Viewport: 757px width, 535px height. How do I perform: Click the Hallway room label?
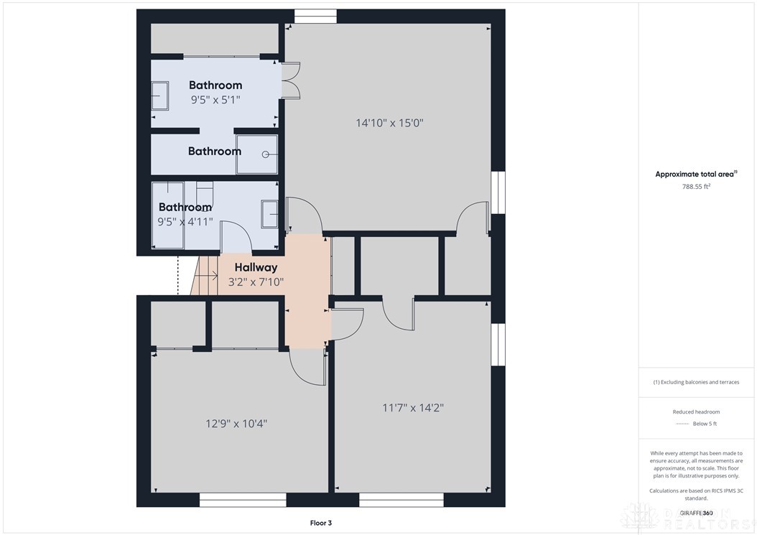pyautogui.click(x=256, y=267)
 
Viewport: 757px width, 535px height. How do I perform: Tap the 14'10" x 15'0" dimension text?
pyautogui.click(x=389, y=123)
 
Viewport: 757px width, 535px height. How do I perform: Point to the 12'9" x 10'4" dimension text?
pyautogui.click(x=236, y=424)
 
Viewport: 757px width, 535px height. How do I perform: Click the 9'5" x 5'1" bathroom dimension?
pyautogui.click(x=215, y=101)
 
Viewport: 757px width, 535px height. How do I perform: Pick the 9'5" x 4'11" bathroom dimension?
pyautogui.click(x=185, y=222)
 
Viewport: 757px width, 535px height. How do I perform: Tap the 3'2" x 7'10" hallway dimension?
pyautogui.click(x=256, y=282)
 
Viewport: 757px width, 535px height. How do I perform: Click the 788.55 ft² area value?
pyautogui.click(x=696, y=186)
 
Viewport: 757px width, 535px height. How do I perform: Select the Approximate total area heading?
pyautogui.click(x=695, y=174)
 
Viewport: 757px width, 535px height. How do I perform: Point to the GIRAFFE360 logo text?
pyautogui.click(x=697, y=513)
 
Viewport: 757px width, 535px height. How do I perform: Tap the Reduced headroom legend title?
pyautogui.click(x=696, y=411)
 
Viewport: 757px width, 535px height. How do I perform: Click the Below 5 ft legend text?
pyautogui.click(x=705, y=424)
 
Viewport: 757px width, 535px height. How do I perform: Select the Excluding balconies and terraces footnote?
pyautogui.click(x=696, y=382)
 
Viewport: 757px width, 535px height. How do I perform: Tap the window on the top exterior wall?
pyautogui.click(x=315, y=16)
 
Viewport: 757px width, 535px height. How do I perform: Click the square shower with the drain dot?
pyautogui.click(x=256, y=154)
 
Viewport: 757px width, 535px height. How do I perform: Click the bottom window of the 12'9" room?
pyautogui.click(x=243, y=500)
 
